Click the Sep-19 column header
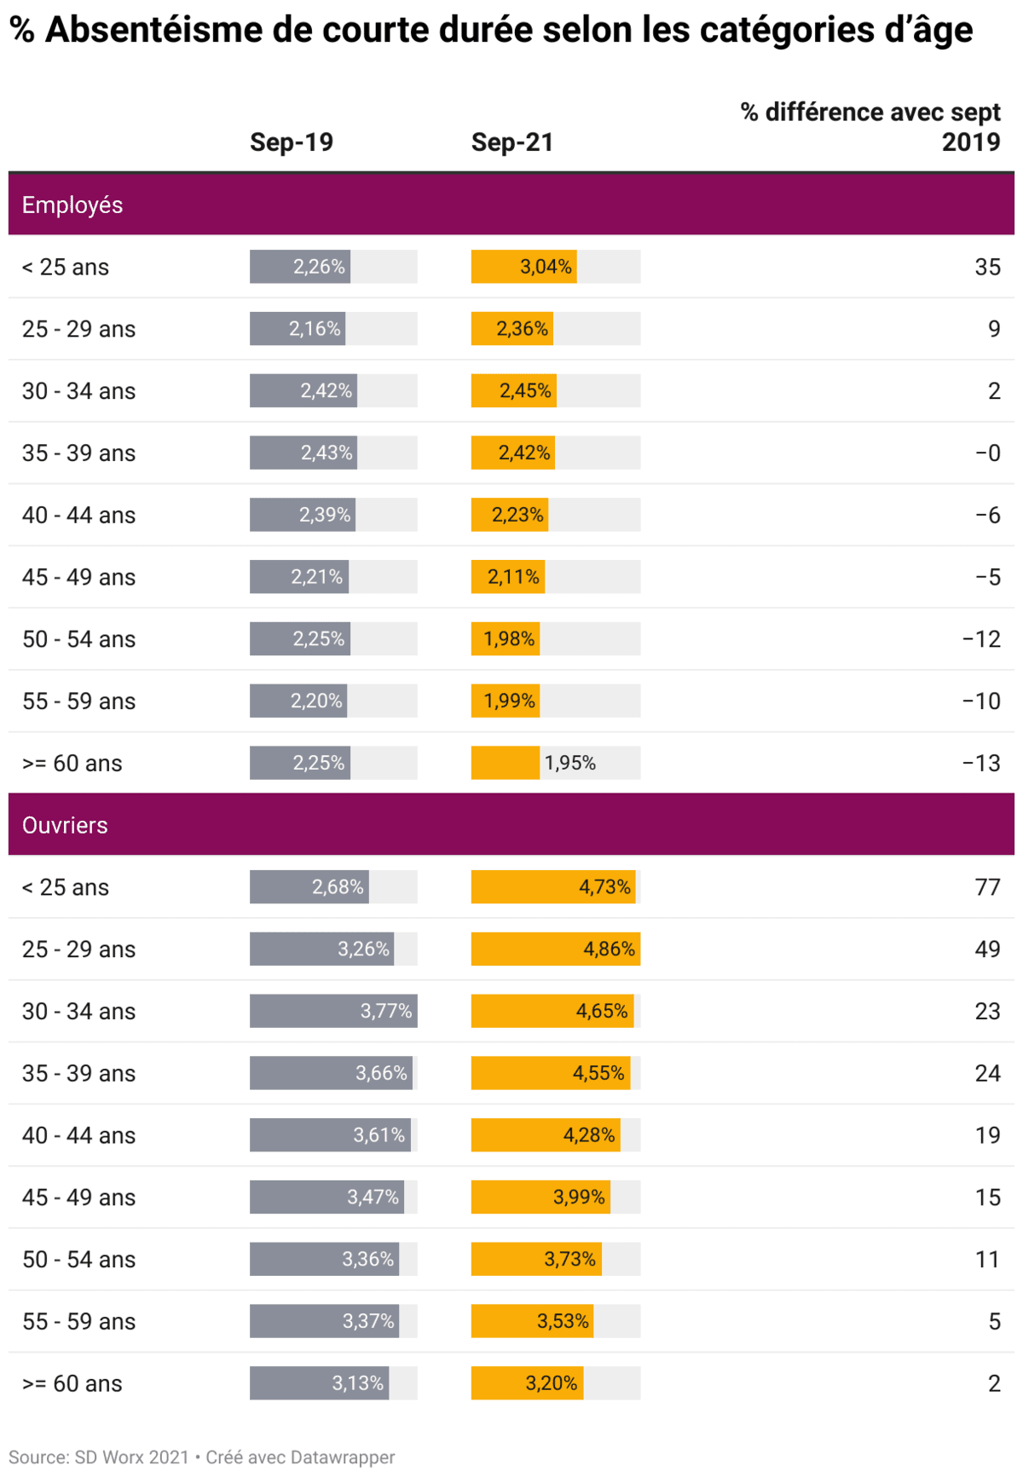tap(291, 142)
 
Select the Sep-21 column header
tap(512, 142)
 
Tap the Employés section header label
tap(72, 205)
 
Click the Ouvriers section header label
tap(65, 825)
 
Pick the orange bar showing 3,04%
tap(523, 267)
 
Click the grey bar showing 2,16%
tap(298, 329)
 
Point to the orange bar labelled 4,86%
tap(555, 949)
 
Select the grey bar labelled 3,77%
tap(333, 1012)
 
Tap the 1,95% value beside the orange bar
tap(570, 763)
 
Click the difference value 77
tap(987, 887)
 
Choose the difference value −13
tap(981, 763)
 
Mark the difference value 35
tap(987, 267)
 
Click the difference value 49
tap(987, 949)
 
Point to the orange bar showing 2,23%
tap(510, 515)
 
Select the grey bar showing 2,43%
tap(303, 453)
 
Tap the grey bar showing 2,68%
tap(309, 887)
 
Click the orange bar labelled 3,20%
tap(527, 1383)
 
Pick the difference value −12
tap(981, 639)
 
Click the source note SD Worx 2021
tap(131, 1457)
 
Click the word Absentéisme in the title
tap(153, 30)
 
